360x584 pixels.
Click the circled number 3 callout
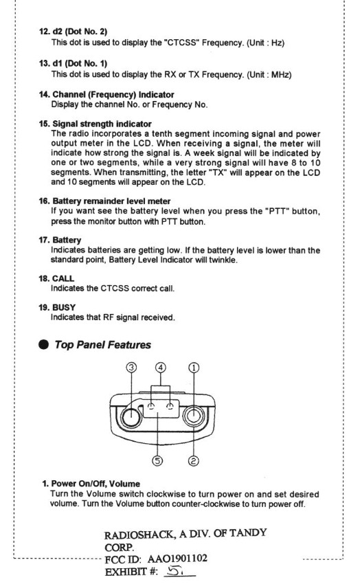tap(131, 368)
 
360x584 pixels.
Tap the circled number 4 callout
tap(161, 368)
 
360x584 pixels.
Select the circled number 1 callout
tap(194, 368)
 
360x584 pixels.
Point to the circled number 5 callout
tap(157, 461)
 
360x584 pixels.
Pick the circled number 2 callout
tap(194, 461)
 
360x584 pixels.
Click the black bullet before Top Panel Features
tap(43, 344)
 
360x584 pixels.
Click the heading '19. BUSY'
tap(57, 308)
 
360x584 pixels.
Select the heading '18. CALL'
tap(56, 278)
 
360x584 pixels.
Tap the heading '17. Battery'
tap(60, 240)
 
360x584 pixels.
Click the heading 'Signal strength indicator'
tap(102, 124)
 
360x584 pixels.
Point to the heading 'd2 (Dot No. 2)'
tap(80, 32)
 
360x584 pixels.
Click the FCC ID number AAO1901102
tap(177, 559)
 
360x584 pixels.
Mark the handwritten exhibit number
tap(175, 570)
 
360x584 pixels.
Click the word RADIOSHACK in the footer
tap(139, 535)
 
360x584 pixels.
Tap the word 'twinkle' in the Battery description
tap(223, 260)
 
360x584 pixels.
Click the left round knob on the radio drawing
tap(131, 418)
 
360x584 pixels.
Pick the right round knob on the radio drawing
tap(194, 416)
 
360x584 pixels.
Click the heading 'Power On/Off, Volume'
tap(95, 484)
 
